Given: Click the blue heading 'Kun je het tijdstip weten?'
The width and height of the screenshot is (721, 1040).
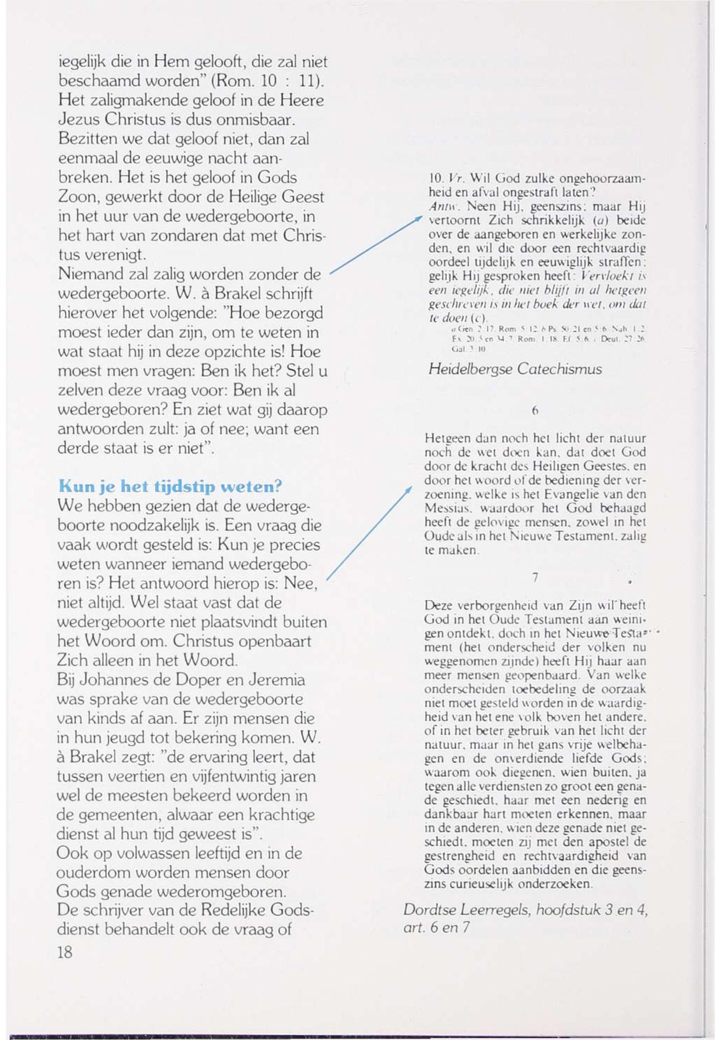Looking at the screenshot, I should [x=170, y=486].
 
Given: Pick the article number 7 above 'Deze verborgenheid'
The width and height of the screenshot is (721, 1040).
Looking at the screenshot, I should [x=535, y=577].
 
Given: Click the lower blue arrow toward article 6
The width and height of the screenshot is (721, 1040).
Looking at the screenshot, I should [x=369, y=533].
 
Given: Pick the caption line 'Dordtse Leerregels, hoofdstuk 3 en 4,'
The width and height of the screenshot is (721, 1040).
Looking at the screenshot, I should [x=525, y=910].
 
